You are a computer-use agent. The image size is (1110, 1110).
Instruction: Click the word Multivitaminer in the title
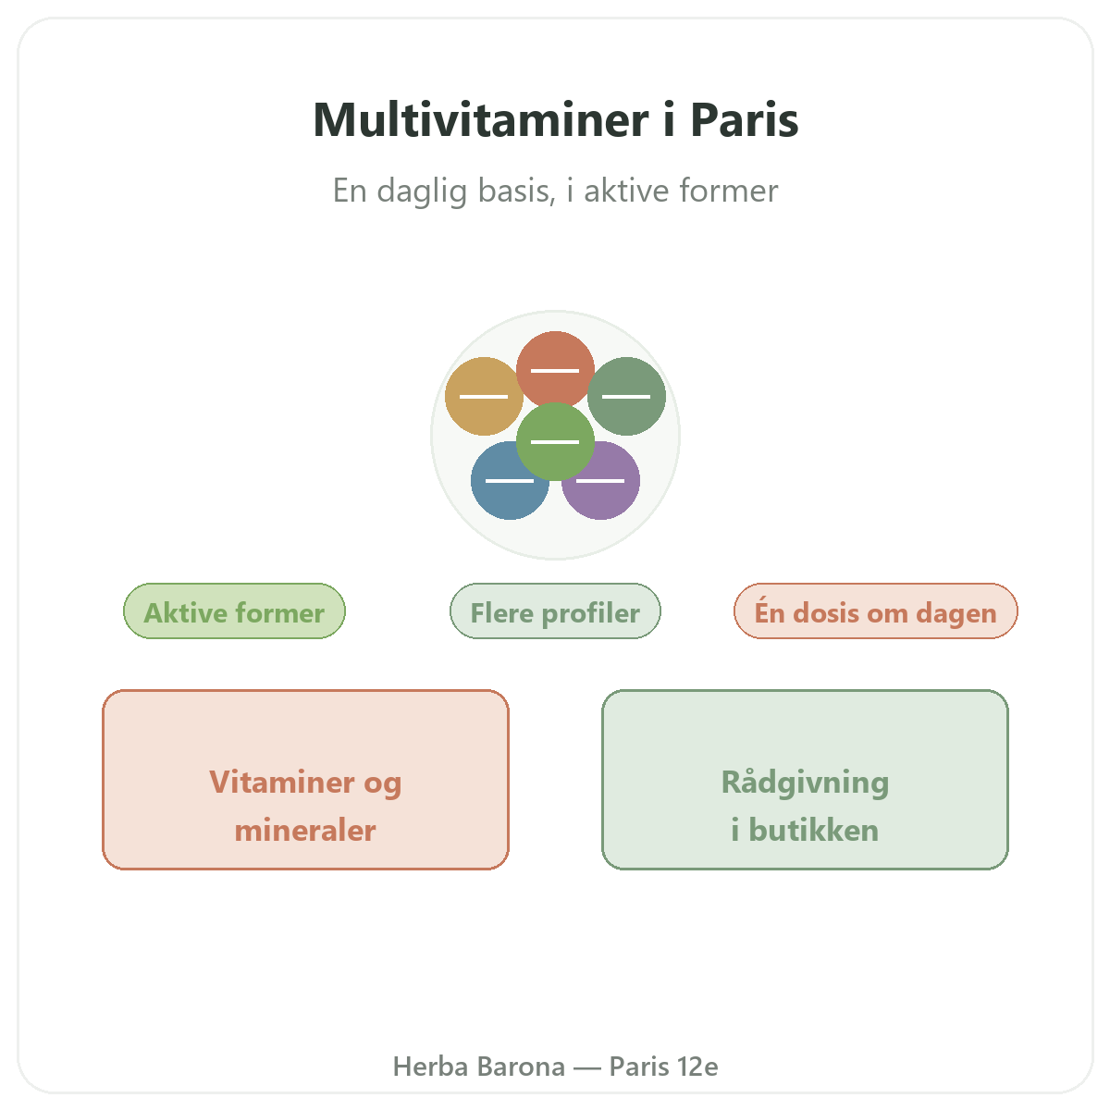pyautogui.click(x=481, y=119)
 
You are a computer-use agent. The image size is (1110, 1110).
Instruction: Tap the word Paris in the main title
pyautogui.click(x=745, y=119)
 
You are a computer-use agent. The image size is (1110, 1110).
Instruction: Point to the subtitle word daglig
pyautogui.click(x=422, y=191)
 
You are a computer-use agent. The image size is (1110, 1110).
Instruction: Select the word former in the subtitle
pyautogui.click(x=729, y=191)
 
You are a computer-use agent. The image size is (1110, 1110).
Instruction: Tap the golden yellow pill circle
pyautogui.click(x=483, y=396)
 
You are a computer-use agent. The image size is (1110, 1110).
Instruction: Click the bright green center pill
pyautogui.click(x=555, y=441)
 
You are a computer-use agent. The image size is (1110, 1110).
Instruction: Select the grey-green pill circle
pyautogui.click(x=626, y=396)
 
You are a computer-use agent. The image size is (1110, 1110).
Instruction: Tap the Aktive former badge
pyautogui.click(x=234, y=611)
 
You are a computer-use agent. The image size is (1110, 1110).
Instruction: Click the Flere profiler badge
pyautogui.click(x=555, y=611)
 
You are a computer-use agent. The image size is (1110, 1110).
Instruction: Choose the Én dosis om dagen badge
pyautogui.click(x=876, y=611)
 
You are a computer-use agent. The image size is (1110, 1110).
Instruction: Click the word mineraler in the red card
pyautogui.click(x=305, y=831)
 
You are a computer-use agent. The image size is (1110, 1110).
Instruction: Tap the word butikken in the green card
pyautogui.click(x=813, y=830)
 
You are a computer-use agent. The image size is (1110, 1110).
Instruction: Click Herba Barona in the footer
pyautogui.click(x=478, y=1067)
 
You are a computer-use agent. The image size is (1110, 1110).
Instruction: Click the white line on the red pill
pyautogui.click(x=555, y=370)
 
